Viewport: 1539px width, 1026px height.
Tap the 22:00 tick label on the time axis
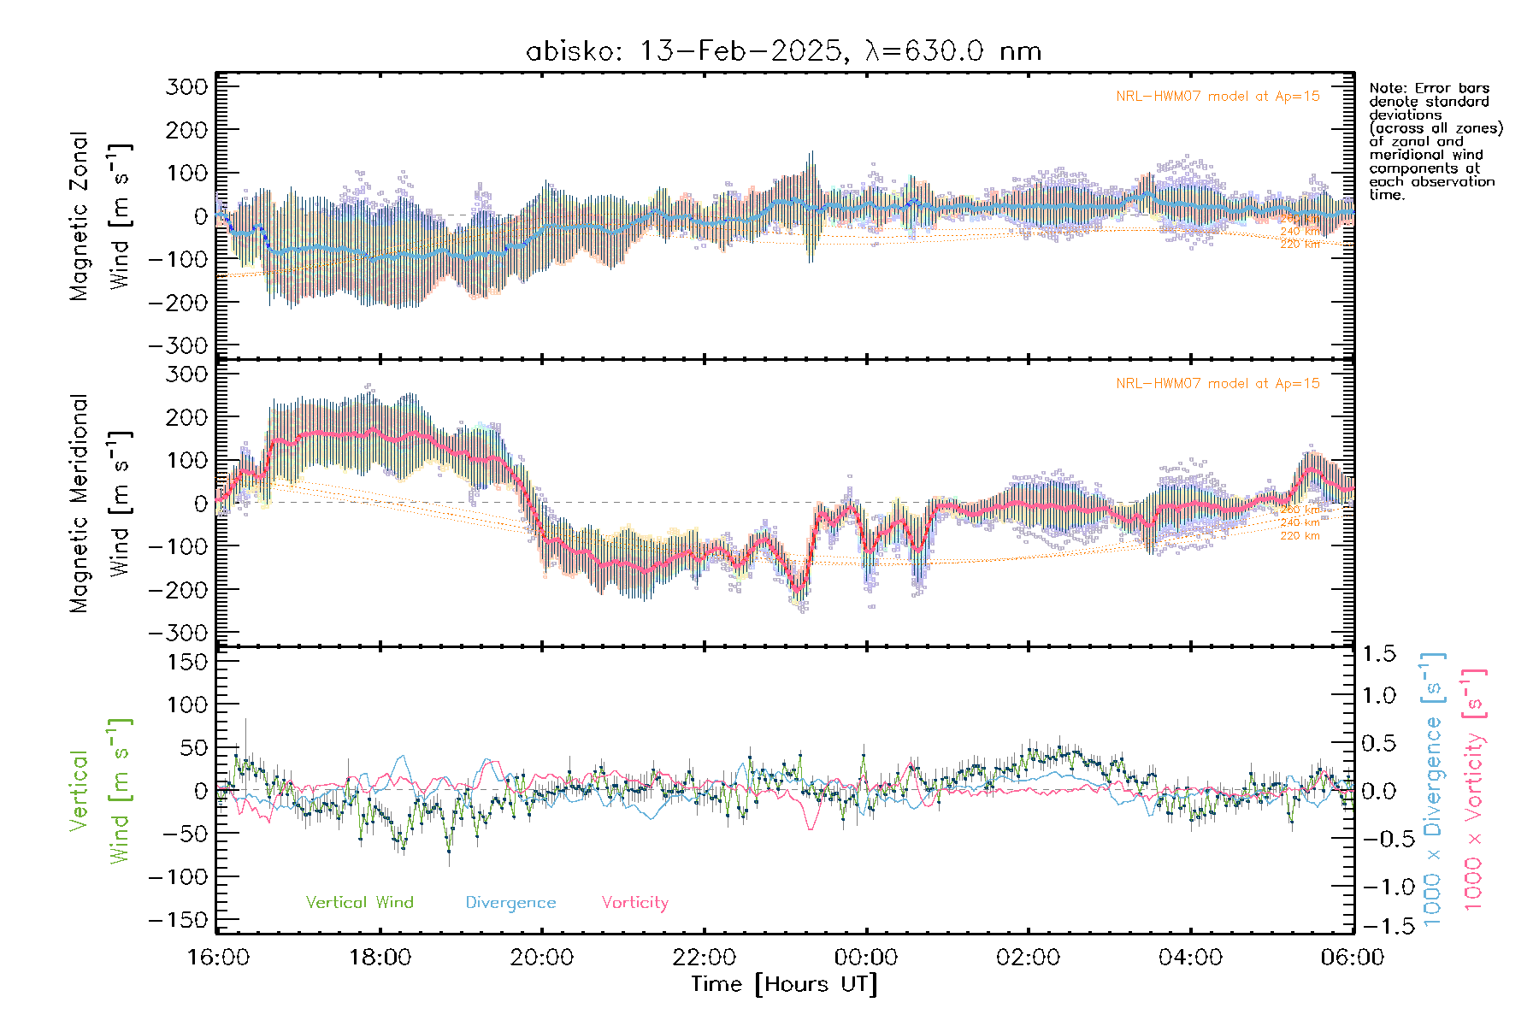(705, 957)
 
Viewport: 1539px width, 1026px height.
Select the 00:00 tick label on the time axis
(866, 957)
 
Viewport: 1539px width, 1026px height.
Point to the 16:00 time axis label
(219, 957)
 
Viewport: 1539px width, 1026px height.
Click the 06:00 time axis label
(1352, 957)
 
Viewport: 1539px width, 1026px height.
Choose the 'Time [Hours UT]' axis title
(784, 984)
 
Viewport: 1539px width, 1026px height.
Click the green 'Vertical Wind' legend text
(359, 902)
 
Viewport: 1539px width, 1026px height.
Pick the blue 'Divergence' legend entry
(510, 902)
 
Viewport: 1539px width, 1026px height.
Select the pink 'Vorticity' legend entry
(634, 902)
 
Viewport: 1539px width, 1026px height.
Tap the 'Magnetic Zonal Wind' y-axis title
(101, 216)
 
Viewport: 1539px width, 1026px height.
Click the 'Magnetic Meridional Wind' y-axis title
(101, 504)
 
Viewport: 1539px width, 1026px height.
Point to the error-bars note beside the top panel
(1435, 141)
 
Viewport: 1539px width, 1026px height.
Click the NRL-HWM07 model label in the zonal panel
(1218, 97)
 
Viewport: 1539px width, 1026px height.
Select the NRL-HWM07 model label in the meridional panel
(1218, 384)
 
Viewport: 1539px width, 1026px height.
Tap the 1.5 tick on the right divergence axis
(1379, 654)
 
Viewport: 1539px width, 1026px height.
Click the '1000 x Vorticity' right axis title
(1473, 788)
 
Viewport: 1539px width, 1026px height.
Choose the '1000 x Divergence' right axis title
(1432, 788)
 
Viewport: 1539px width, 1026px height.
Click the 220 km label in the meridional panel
(1300, 536)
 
